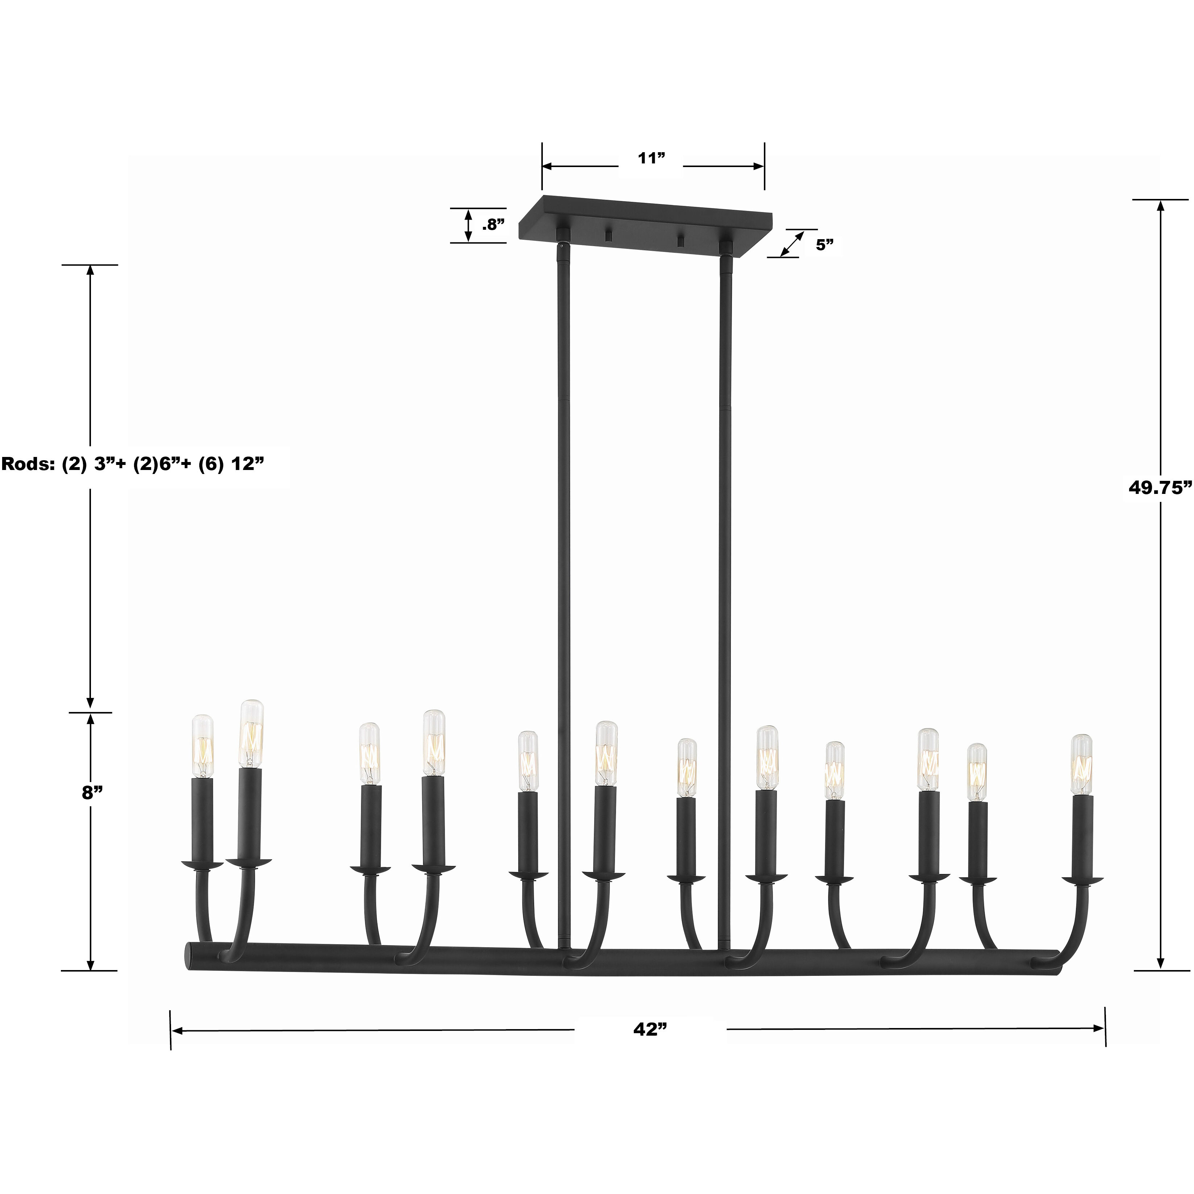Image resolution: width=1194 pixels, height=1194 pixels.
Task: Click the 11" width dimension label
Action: (x=651, y=158)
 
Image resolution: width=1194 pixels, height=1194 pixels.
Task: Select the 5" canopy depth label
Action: (x=824, y=245)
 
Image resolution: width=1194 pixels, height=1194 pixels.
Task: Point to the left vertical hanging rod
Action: (x=563, y=556)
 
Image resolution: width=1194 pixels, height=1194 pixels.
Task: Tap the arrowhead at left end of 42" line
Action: (x=177, y=1031)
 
